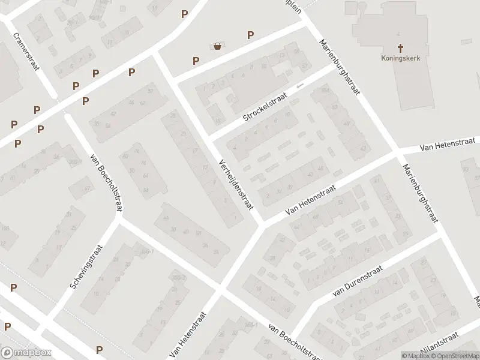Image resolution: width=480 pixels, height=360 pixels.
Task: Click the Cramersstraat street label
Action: coord(26,50)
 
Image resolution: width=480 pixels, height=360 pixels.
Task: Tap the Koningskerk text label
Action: coord(400,58)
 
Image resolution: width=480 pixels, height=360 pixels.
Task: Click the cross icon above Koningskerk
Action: coord(400,47)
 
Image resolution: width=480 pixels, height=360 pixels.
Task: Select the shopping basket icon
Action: coord(217,46)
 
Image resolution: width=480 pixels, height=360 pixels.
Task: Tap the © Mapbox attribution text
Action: coord(416,355)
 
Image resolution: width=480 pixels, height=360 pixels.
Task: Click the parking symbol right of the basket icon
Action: coord(250,35)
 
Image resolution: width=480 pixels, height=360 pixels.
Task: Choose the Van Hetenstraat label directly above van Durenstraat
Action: coord(310,200)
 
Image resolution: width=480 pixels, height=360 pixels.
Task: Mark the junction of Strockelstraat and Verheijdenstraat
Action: coord(210,140)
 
